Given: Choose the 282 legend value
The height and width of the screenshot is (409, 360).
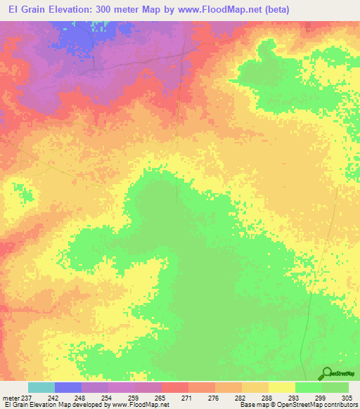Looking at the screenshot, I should point(241,397).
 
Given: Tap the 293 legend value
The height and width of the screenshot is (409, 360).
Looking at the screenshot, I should point(295,397).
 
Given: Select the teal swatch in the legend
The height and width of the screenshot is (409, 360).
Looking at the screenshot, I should point(41,387).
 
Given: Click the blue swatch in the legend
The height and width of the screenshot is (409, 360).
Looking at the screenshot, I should point(68,387).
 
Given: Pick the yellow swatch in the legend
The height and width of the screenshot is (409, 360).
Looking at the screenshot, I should point(281,387).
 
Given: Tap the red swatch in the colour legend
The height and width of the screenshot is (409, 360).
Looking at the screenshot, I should point(174,387).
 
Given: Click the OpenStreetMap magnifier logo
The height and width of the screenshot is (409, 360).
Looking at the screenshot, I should point(327,373).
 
